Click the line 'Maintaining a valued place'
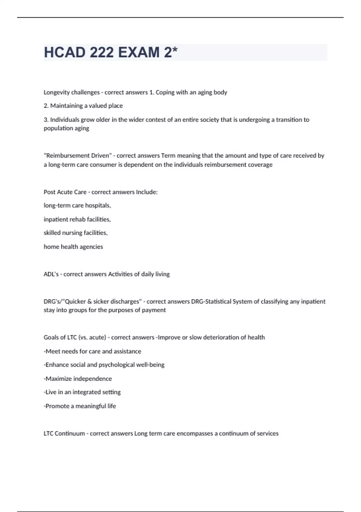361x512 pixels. point(83,106)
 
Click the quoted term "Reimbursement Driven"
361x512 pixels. point(77,156)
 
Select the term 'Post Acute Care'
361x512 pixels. point(65,192)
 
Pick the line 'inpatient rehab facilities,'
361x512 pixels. point(77,219)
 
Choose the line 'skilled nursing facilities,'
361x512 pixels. point(76,233)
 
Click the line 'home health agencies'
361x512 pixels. point(73,247)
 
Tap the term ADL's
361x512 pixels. point(51,274)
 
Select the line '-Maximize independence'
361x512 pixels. point(78,379)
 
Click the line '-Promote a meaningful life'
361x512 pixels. point(80,406)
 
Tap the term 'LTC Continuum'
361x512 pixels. point(64,433)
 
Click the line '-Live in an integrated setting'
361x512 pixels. point(82,392)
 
